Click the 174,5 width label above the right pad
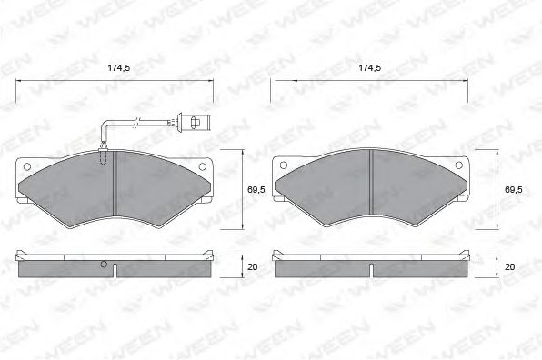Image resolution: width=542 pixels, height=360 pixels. point(369,68)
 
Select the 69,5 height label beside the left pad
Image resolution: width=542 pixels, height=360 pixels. point(256,190)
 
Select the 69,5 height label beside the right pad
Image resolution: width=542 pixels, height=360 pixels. point(512,190)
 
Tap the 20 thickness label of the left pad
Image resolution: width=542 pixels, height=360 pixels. point(252,267)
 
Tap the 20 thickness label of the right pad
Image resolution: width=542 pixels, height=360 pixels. point(509,267)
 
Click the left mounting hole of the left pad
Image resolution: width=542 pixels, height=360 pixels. point(26,166)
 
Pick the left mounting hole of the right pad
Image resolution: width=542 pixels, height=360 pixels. point(283,165)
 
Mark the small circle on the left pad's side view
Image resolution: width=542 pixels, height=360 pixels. point(105,265)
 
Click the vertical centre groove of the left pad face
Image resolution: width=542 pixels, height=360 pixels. point(115,173)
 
